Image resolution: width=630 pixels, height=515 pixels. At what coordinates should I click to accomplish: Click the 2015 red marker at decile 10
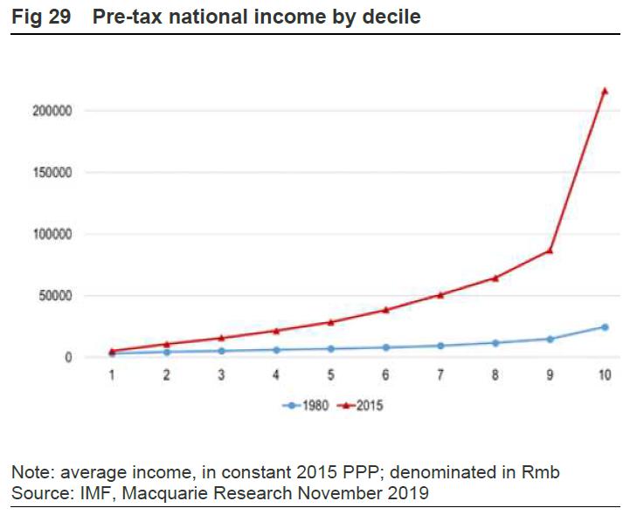[605, 91]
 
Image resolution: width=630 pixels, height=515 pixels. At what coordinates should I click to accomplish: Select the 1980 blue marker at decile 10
[605, 327]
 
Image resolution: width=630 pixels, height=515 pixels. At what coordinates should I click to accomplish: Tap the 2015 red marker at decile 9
[550, 251]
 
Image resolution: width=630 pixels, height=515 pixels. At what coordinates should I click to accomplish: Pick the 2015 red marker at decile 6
[386, 310]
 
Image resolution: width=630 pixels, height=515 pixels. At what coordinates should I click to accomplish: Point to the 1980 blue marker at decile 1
[113, 354]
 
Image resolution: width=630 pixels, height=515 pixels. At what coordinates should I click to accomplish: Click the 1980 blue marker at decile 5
[331, 348]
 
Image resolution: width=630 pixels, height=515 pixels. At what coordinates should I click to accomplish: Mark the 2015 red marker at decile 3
[222, 338]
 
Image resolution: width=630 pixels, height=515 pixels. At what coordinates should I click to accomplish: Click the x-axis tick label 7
[440, 375]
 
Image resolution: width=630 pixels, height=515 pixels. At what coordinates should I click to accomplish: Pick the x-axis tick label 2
[167, 375]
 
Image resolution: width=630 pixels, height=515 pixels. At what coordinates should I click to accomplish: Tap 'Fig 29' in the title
[41, 17]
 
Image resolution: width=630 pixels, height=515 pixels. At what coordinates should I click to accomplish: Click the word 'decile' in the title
[390, 17]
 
